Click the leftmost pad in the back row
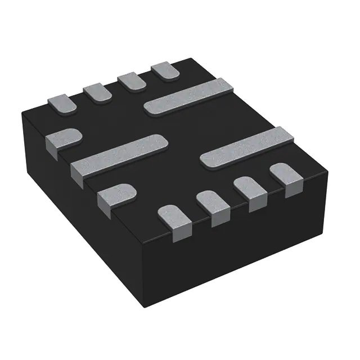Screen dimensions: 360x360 pyautogui.click(x=61, y=103)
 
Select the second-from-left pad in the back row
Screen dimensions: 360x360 pyautogui.click(x=97, y=92)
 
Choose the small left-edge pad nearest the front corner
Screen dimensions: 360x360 pyautogui.click(x=115, y=196)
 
